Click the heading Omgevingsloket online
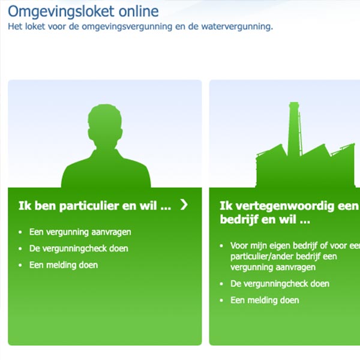[x=83, y=12]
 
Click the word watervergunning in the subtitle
[x=237, y=26]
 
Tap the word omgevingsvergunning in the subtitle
[x=127, y=27]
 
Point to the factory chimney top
[x=294, y=104]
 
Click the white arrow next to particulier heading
[x=184, y=205]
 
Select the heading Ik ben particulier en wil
[x=95, y=206]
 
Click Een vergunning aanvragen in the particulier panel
[x=80, y=232]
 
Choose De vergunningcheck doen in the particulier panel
[x=79, y=248]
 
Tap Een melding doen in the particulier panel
[x=64, y=265]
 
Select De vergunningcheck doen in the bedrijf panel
[x=280, y=284]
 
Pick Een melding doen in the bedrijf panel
[x=265, y=301]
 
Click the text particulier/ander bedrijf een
[x=284, y=256]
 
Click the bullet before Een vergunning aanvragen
[x=20, y=232]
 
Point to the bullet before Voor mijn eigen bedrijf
[x=221, y=246]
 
